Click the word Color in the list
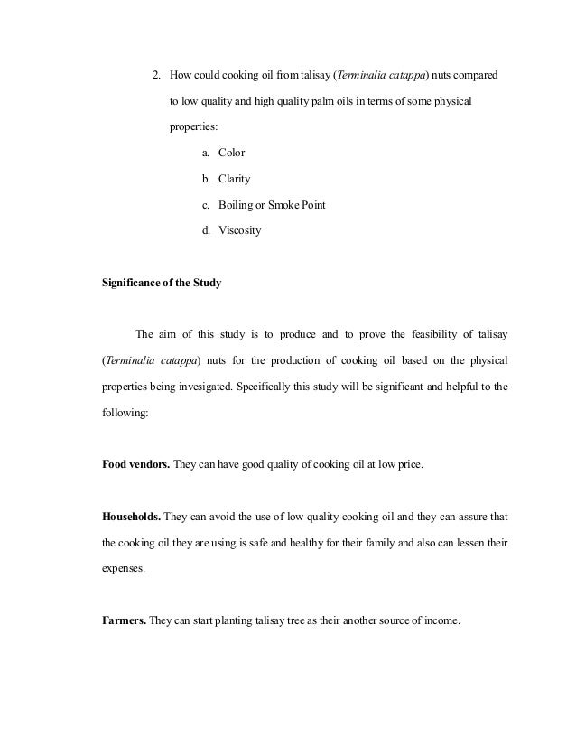coord(232,153)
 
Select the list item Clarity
coord(235,179)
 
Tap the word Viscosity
coord(239,230)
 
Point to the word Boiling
coord(237,205)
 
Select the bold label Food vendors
coord(135,465)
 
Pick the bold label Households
coord(132,518)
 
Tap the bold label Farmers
coord(123,621)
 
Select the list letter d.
coord(206,230)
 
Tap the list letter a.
coord(206,153)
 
